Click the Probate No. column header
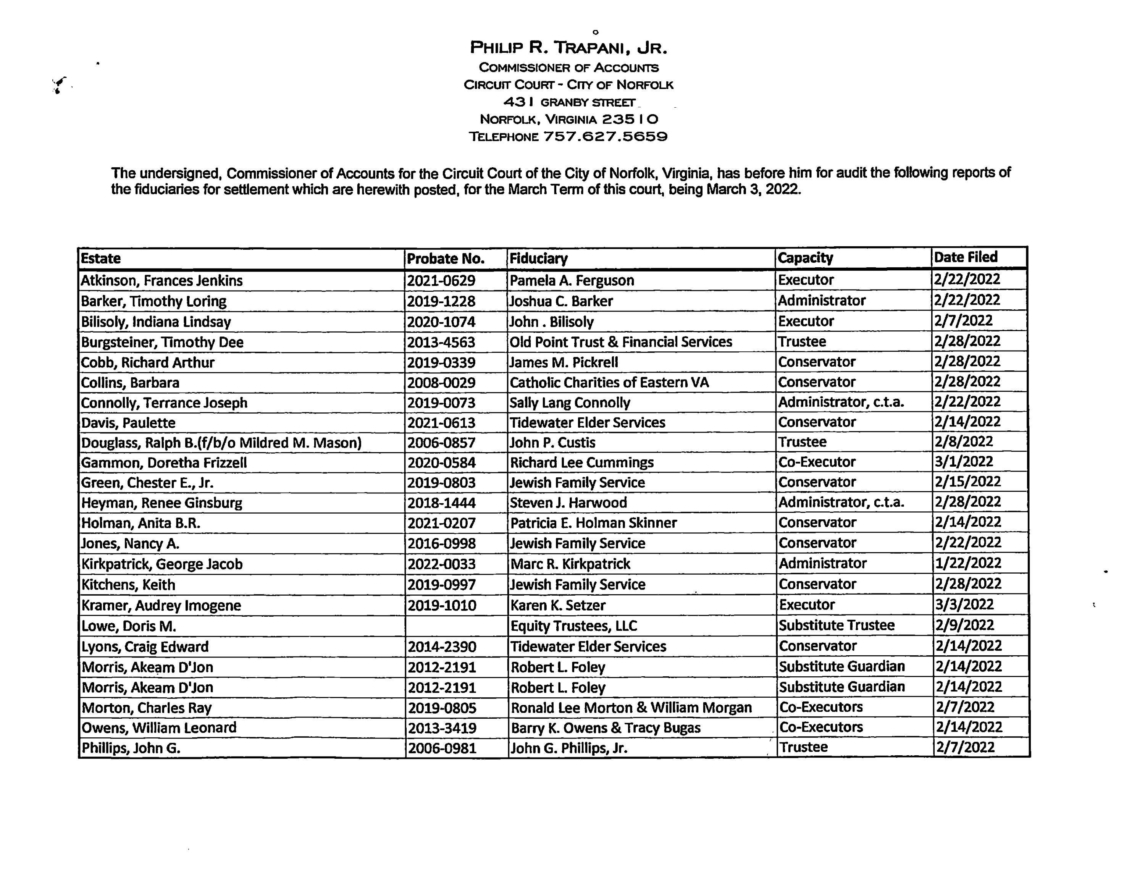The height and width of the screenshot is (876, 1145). (x=445, y=259)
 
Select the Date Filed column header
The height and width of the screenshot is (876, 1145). (x=965, y=257)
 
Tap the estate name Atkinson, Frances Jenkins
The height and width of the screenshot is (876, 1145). (x=161, y=281)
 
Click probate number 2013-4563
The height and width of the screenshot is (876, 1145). (x=441, y=342)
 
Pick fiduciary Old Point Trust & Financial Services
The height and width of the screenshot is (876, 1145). (x=620, y=341)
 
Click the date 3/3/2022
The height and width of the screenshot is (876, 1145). (x=964, y=604)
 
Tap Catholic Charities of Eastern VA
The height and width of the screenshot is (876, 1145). (x=609, y=382)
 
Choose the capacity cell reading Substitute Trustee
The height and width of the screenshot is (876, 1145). (x=837, y=625)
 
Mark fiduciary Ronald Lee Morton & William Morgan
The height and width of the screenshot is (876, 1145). (x=631, y=708)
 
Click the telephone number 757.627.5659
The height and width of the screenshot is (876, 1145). (x=605, y=137)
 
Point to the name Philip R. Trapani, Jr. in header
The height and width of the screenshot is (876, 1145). (x=568, y=48)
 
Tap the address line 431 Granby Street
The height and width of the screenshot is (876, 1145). (x=569, y=102)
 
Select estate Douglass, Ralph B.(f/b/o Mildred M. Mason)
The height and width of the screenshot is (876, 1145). (x=221, y=443)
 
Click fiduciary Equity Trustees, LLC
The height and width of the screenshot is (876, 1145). (x=573, y=626)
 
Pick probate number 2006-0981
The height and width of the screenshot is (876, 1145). (x=442, y=748)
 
